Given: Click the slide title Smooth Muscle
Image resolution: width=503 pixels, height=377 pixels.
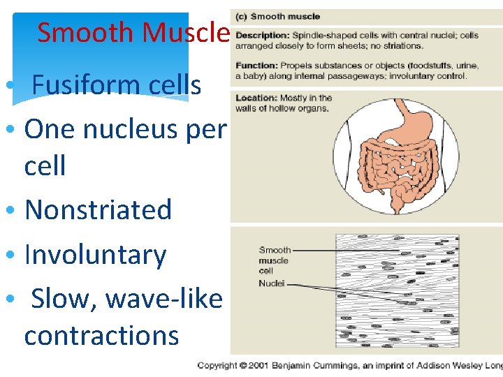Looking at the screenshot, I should [x=133, y=32].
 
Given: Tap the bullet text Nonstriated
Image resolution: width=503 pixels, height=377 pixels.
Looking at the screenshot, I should [x=98, y=209].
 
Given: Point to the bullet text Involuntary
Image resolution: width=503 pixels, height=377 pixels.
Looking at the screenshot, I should [x=95, y=255].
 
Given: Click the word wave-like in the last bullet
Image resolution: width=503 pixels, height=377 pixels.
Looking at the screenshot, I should [x=163, y=299].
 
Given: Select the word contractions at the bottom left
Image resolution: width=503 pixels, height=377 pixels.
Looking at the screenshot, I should [x=101, y=335].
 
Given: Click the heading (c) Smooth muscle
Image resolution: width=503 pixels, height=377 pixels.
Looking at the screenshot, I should [x=277, y=16].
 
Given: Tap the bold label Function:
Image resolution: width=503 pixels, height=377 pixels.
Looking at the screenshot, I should [x=257, y=66].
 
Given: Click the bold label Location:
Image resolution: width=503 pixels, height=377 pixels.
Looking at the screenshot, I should [x=257, y=98].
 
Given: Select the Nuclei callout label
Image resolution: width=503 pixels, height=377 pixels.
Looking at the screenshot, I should [x=271, y=283].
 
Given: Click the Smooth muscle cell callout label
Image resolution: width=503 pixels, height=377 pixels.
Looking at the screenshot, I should [x=274, y=260].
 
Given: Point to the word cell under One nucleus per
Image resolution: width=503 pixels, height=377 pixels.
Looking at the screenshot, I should [x=45, y=166].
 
